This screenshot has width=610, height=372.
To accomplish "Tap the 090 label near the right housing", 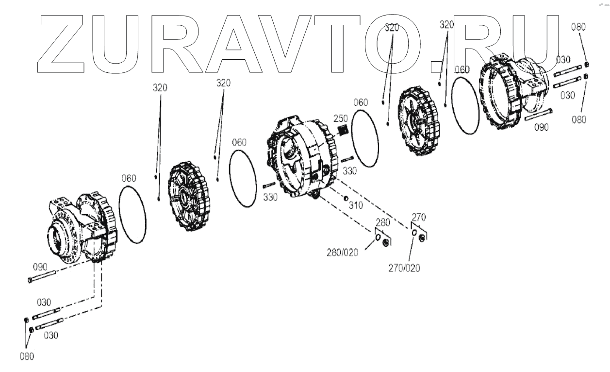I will click(x=541, y=127).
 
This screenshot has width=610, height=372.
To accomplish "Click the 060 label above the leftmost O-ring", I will click(x=128, y=179).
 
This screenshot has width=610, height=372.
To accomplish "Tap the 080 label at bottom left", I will click(x=27, y=356).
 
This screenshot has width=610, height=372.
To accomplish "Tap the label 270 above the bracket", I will click(x=419, y=216).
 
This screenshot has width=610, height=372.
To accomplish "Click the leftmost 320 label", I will click(x=160, y=88).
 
